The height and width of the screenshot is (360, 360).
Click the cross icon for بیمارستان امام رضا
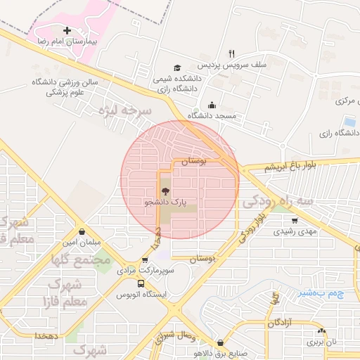point(67,31)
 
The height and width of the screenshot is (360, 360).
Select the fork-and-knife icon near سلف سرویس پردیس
point(231,53)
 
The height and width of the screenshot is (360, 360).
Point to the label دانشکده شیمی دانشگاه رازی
point(179,84)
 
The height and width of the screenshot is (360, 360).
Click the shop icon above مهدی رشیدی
point(295,221)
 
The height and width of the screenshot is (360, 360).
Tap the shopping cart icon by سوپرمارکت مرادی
point(146,259)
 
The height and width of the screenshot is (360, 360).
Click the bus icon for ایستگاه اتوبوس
point(141,284)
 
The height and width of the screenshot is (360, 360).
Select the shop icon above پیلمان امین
point(83,231)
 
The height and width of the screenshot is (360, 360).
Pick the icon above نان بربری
point(321,330)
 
